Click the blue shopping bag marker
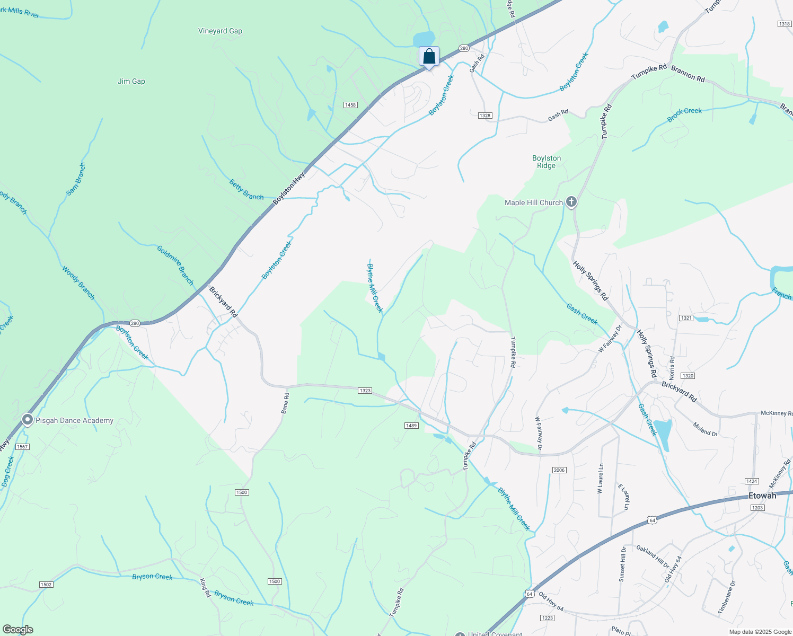pos(429,56)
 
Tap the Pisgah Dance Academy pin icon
pos(28,420)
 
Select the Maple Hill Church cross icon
pos(571,202)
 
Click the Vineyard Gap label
pos(220,31)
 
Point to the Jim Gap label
pos(131,82)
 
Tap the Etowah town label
pos(762,496)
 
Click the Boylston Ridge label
pos(547,162)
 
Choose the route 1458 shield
pos(350,105)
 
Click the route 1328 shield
pos(484,116)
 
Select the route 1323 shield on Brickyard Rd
pos(365,391)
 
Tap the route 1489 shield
pos(411,426)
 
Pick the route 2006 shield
pos(559,470)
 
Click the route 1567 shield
pos(22,447)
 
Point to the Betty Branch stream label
pos(246,190)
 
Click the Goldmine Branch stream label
pos(175,264)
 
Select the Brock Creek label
pos(684,114)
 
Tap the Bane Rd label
pos(286,403)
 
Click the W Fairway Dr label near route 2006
pos(539,433)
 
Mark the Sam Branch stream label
pos(76,179)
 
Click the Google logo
pos(17,630)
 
